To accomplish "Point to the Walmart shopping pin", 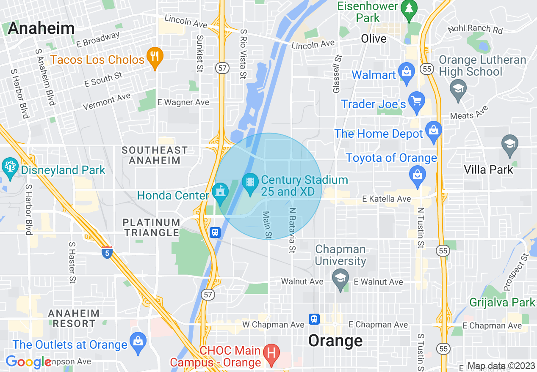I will click(x=406, y=72).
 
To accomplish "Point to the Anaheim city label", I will click(x=41, y=28).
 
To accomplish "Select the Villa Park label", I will click(x=488, y=170).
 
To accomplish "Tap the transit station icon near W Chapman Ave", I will click(x=314, y=319).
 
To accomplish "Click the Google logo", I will click(x=28, y=362).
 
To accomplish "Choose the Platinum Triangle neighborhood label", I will click(x=152, y=227).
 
